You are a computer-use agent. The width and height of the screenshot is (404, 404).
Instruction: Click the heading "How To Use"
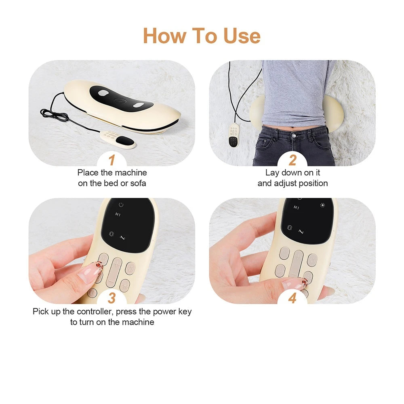pyautogui.click(x=202, y=36)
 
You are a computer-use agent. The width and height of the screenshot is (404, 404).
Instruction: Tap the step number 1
pyautogui.click(x=112, y=159)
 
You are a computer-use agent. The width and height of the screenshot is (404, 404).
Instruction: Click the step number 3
pyautogui.click(x=112, y=298)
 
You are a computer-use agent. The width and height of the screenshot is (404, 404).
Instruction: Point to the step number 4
pyautogui.click(x=292, y=298)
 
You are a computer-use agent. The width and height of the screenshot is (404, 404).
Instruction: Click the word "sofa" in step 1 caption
pyautogui.click(x=138, y=183)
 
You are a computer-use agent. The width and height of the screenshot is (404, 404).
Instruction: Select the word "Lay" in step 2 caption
pyautogui.click(x=272, y=173)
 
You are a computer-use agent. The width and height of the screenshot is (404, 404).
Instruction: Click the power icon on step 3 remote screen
pyautogui.click(x=121, y=204)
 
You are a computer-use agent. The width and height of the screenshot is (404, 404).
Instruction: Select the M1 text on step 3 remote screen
pyautogui.click(x=118, y=215)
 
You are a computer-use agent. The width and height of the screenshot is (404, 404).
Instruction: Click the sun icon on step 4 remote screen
pyautogui.click(x=322, y=205)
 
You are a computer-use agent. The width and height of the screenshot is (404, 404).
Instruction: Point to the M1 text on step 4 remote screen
pyautogui.click(x=297, y=208)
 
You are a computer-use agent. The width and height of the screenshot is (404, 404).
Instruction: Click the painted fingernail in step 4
pyautogui.click(x=294, y=284)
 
